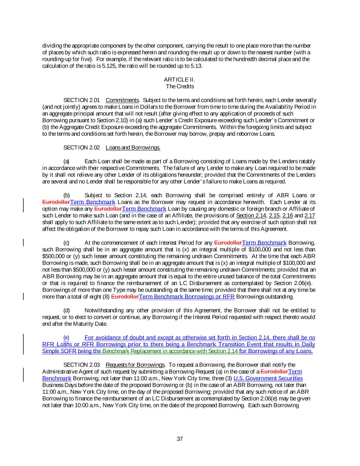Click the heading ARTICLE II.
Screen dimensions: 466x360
coord(180,80)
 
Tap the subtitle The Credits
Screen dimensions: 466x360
coord(180,86)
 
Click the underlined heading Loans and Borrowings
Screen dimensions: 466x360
coord(133,147)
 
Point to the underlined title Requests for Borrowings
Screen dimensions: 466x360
coord(135,365)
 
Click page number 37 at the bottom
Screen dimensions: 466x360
coord(180,439)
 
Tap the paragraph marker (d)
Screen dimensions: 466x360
coord(67,310)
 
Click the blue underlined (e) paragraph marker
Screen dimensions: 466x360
coord(66,338)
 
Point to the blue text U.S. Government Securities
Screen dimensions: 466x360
coord(268,378)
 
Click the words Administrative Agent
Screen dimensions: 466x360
coord(66,371)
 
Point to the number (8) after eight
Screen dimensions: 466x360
coord(106,297)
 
